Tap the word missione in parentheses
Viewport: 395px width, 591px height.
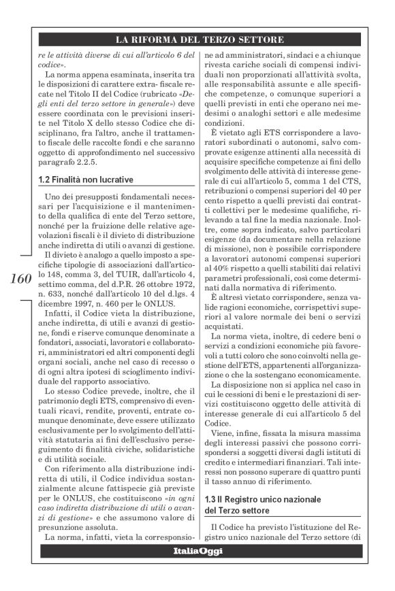[x=234, y=250]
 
